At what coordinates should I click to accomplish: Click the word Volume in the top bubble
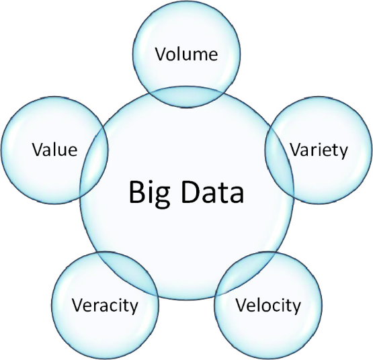pyautogui.click(x=187, y=54)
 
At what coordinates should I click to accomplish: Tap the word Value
pyautogui.click(x=54, y=150)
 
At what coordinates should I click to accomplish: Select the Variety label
pyautogui.click(x=319, y=151)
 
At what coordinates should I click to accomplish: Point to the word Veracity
pyautogui.click(x=105, y=306)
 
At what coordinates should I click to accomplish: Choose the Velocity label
pyautogui.click(x=268, y=306)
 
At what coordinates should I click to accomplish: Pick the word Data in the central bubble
pyautogui.click(x=212, y=192)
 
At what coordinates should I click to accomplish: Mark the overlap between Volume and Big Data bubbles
pyautogui.click(x=187, y=97)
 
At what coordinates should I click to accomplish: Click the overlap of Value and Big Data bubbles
pyautogui.click(x=94, y=163)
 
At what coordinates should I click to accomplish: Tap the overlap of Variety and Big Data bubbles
pyautogui.click(x=280, y=163)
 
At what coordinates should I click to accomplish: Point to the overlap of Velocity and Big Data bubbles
pyautogui.click(x=246, y=273)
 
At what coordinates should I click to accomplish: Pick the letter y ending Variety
pyautogui.click(x=343, y=153)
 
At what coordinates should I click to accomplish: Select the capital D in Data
pyautogui.click(x=192, y=192)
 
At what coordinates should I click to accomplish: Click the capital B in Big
pyautogui.click(x=137, y=192)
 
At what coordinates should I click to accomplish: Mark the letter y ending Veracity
pyautogui.click(x=133, y=308)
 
